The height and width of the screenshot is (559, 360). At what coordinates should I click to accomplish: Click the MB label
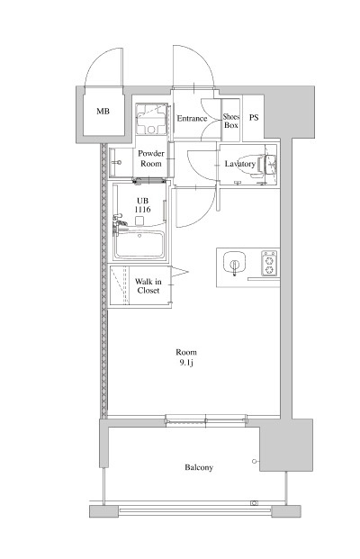pos(103,112)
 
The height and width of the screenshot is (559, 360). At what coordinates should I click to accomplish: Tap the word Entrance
pos(192,118)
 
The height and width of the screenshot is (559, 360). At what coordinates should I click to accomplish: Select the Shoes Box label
pos(231,121)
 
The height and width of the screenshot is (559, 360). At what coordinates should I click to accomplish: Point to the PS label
pos(254,117)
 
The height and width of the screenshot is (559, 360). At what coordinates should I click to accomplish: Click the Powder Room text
pos(151,158)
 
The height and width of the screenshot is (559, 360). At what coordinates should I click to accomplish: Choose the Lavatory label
pos(240,164)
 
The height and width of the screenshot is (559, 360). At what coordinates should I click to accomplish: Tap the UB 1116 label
pos(142,205)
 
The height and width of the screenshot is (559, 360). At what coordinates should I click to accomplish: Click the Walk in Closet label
pos(148,286)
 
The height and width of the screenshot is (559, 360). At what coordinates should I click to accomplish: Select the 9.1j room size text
pos(186,364)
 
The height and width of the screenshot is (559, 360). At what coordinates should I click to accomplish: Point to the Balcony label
pos(199,467)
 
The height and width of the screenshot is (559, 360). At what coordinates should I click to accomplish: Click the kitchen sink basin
pos(234,263)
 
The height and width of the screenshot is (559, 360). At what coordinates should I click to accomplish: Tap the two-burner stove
pos(269,263)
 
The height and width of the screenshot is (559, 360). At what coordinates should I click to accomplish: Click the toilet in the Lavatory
pos(256,165)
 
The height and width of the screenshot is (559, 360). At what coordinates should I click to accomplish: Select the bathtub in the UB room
pos(139,245)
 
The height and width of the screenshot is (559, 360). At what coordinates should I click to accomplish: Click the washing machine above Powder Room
pos(151,119)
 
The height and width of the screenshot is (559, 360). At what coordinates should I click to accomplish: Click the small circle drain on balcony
pos(254,461)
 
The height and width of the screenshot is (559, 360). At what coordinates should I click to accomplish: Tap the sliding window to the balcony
pos(206,419)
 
